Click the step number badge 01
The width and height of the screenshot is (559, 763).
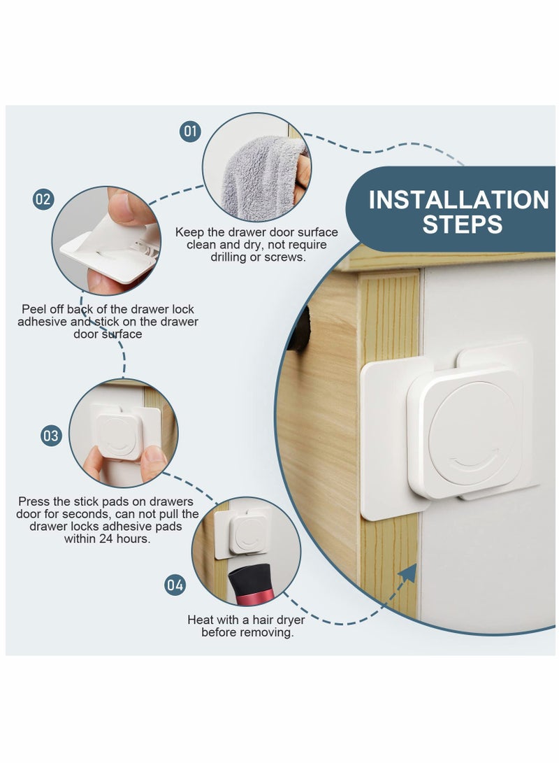click(190, 131)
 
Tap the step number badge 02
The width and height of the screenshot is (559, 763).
click(43, 199)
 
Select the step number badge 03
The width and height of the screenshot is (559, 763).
click(51, 436)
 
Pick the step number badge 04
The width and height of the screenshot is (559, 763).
click(175, 585)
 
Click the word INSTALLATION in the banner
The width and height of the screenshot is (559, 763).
click(458, 200)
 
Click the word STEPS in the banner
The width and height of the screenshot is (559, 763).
click(462, 224)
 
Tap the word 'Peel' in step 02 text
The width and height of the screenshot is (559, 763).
click(35, 308)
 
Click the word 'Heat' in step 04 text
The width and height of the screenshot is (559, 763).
click(201, 620)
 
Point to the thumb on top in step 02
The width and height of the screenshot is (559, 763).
click(129, 206)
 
